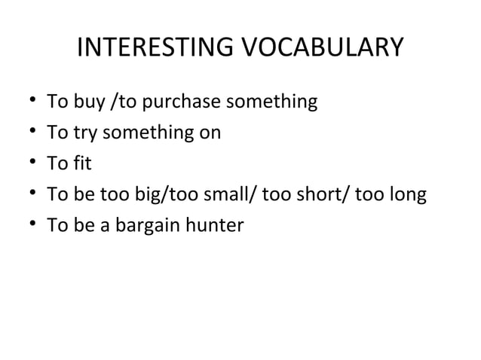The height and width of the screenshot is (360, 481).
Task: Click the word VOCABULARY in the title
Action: [323, 49]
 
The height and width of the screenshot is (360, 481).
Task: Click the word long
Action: [409, 195]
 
